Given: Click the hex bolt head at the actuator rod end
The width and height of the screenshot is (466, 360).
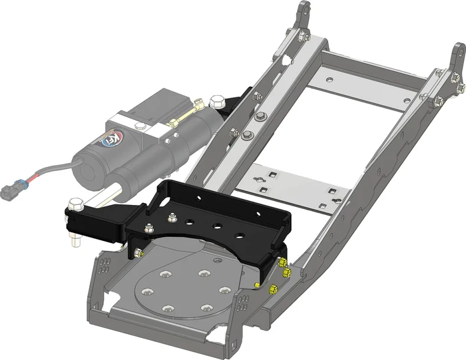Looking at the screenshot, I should point(74,202).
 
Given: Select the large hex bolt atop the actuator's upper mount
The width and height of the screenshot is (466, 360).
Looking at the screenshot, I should point(217,102).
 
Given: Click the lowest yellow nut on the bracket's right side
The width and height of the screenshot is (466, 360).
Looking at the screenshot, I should point(274,288).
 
